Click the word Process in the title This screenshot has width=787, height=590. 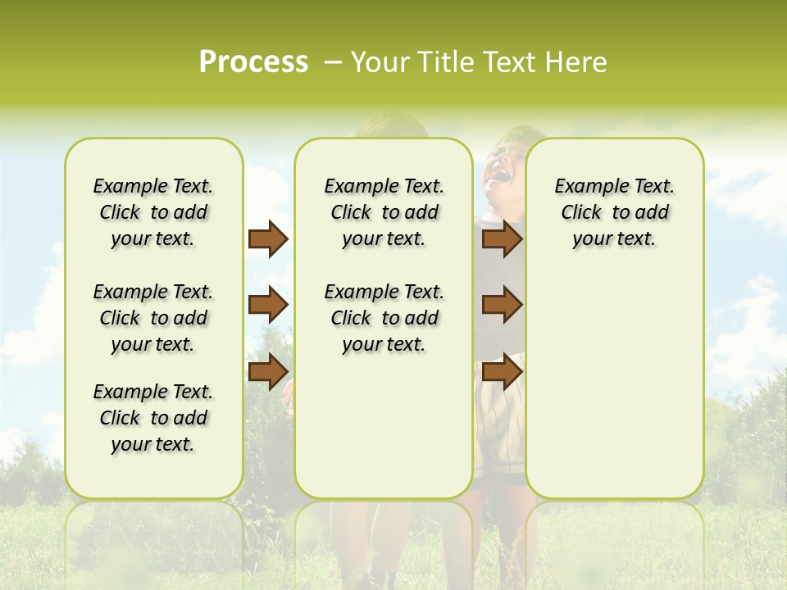[253, 62]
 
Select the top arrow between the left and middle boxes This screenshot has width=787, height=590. [267, 239]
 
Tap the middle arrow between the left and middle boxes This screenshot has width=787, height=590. [267, 305]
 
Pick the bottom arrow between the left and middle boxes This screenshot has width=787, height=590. [267, 371]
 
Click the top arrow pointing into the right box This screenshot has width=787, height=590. [502, 239]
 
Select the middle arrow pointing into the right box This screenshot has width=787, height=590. [502, 305]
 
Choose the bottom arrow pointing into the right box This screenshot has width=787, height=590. [502, 371]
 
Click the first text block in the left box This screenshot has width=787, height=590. [153, 212]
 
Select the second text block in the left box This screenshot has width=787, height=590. [153, 318]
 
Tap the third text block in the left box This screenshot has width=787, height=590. [153, 418]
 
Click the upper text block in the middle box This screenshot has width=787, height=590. [384, 212]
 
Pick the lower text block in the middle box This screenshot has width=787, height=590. [384, 318]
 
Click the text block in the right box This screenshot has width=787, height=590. [614, 212]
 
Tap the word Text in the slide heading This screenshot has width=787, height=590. [512, 62]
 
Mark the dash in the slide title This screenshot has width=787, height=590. [333, 62]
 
